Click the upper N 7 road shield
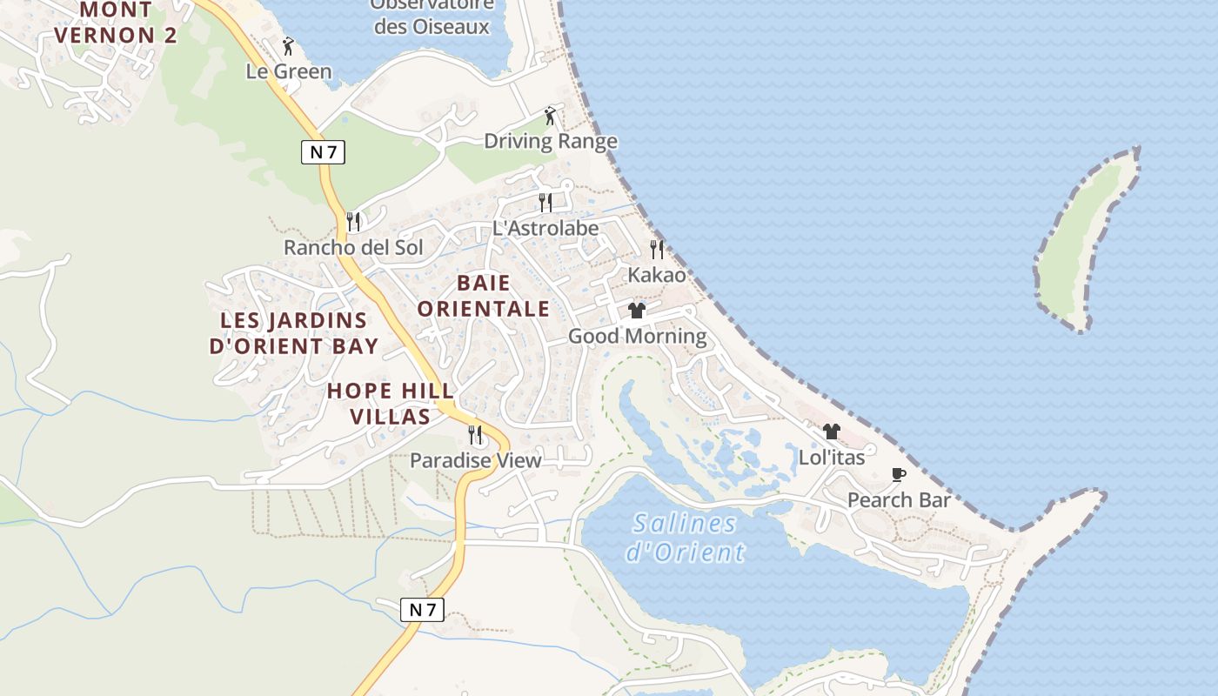click(323, 152)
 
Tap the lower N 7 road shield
click(422, 610)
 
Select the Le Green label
click(289, 71)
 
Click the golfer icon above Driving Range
click(549, 116)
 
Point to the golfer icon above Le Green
click(288, 46)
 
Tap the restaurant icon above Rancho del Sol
click(353, 222)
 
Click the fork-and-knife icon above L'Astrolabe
click(545, 203)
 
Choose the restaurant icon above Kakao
click(657, 250)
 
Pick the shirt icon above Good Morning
click(637, 311)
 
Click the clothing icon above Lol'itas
click(832, 432)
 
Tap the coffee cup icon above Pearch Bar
click(899, 475)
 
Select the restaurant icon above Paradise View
click(475, 434)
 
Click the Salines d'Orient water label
click(686, 538)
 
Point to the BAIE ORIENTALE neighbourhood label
click(484, 296)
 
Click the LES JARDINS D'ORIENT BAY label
click(294, 333)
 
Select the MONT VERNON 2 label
click(116, 23)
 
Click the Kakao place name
click(657, 275)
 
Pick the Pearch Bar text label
click(899, 500)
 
